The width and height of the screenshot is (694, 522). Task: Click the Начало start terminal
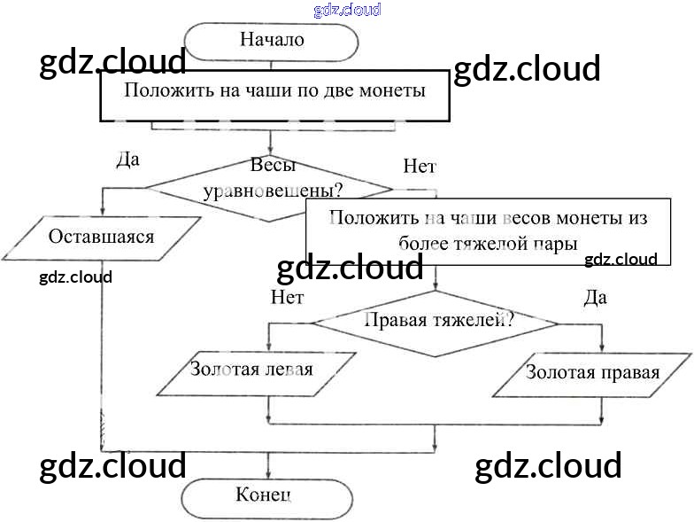[271, 41]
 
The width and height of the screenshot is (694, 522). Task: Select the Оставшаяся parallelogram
[102, 238]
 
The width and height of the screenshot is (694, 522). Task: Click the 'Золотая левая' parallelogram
[256, 371]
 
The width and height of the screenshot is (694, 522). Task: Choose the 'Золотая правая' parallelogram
[592, 373]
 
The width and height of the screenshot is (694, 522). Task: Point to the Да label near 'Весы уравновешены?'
[128, 160]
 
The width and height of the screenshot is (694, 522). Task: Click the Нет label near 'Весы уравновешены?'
[419, 166]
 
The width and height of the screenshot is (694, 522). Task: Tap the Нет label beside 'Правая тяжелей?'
[287, 298]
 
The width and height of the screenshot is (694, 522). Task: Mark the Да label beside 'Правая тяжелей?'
[596, 298]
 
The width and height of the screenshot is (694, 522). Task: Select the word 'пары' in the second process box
[557, 243]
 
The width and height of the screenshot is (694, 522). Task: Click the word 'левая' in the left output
[289, 369]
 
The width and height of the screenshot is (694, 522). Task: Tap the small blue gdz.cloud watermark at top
[347, 10]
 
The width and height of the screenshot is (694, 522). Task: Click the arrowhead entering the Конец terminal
[267, 474]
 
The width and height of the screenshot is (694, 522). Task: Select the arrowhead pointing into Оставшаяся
[104, 212]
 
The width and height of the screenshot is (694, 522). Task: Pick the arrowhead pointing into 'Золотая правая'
[602, 347]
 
